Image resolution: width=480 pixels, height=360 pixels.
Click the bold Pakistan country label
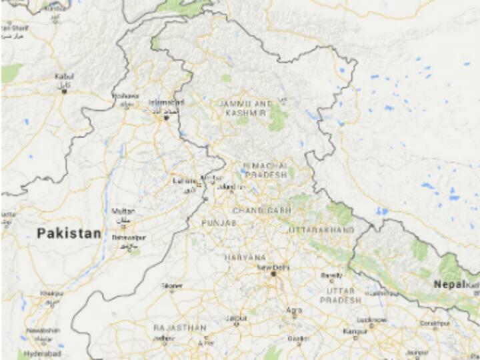pos(69,233)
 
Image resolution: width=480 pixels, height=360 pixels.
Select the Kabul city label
pos(64,77)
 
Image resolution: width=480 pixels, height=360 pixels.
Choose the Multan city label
pos(123,211)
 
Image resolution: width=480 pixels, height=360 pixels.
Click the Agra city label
pos(293,309)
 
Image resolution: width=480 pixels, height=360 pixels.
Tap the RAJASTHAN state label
pos(179,328)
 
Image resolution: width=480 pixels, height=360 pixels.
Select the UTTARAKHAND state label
pos(321,230)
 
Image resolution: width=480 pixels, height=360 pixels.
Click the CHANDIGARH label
pos(261,211)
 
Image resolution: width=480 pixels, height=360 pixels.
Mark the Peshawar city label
pos(125,95)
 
